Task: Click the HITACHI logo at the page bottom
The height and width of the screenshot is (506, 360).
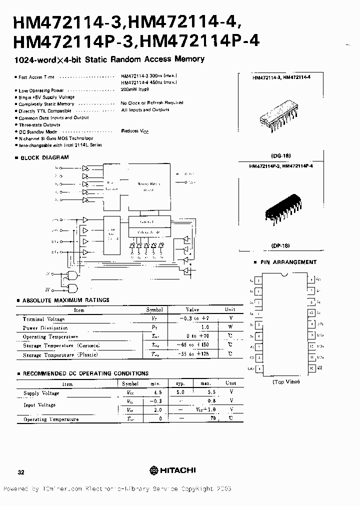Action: point(172,470)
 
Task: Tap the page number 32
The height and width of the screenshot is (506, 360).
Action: point(20,471)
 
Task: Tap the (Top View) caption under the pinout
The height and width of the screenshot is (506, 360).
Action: point(286,381)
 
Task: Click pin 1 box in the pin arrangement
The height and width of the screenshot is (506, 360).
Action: point(258,280)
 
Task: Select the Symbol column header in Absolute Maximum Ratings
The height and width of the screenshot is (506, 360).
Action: point(154,310)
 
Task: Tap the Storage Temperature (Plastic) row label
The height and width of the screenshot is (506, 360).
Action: point(60,354)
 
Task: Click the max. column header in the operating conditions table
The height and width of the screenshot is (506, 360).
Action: point(205,383)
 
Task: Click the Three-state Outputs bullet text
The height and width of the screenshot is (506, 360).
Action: point(39,125)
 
